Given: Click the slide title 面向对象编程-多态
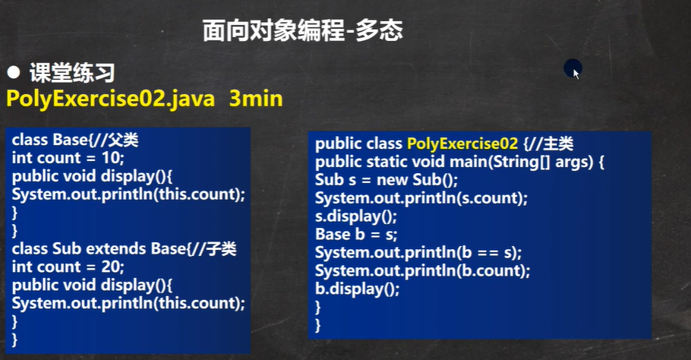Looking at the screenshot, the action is coord(303,31).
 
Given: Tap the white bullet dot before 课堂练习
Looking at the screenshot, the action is coord(14,72).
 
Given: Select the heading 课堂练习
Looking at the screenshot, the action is coord(72,73).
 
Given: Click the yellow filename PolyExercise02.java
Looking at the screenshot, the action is coord(111,98).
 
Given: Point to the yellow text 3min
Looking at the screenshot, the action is coord(256,98).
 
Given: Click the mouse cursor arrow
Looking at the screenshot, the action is coord(576,74).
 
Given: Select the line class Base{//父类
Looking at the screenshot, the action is coord(75,140).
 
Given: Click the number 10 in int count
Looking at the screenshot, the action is coord(111,158).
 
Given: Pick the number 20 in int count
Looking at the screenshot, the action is coord(111,267).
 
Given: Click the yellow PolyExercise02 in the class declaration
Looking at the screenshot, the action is coord(462,144).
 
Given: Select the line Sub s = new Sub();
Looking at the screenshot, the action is coord(387,180).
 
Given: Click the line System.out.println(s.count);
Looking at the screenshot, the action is coord(421,198).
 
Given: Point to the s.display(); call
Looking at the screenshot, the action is coord(356,216).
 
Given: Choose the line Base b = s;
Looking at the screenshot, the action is coord(356,235).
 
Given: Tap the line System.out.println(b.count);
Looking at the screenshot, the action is coord(423,270).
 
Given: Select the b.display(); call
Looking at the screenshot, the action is coord(358,289).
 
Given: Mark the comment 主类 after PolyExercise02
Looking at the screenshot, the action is coord(558,144).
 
